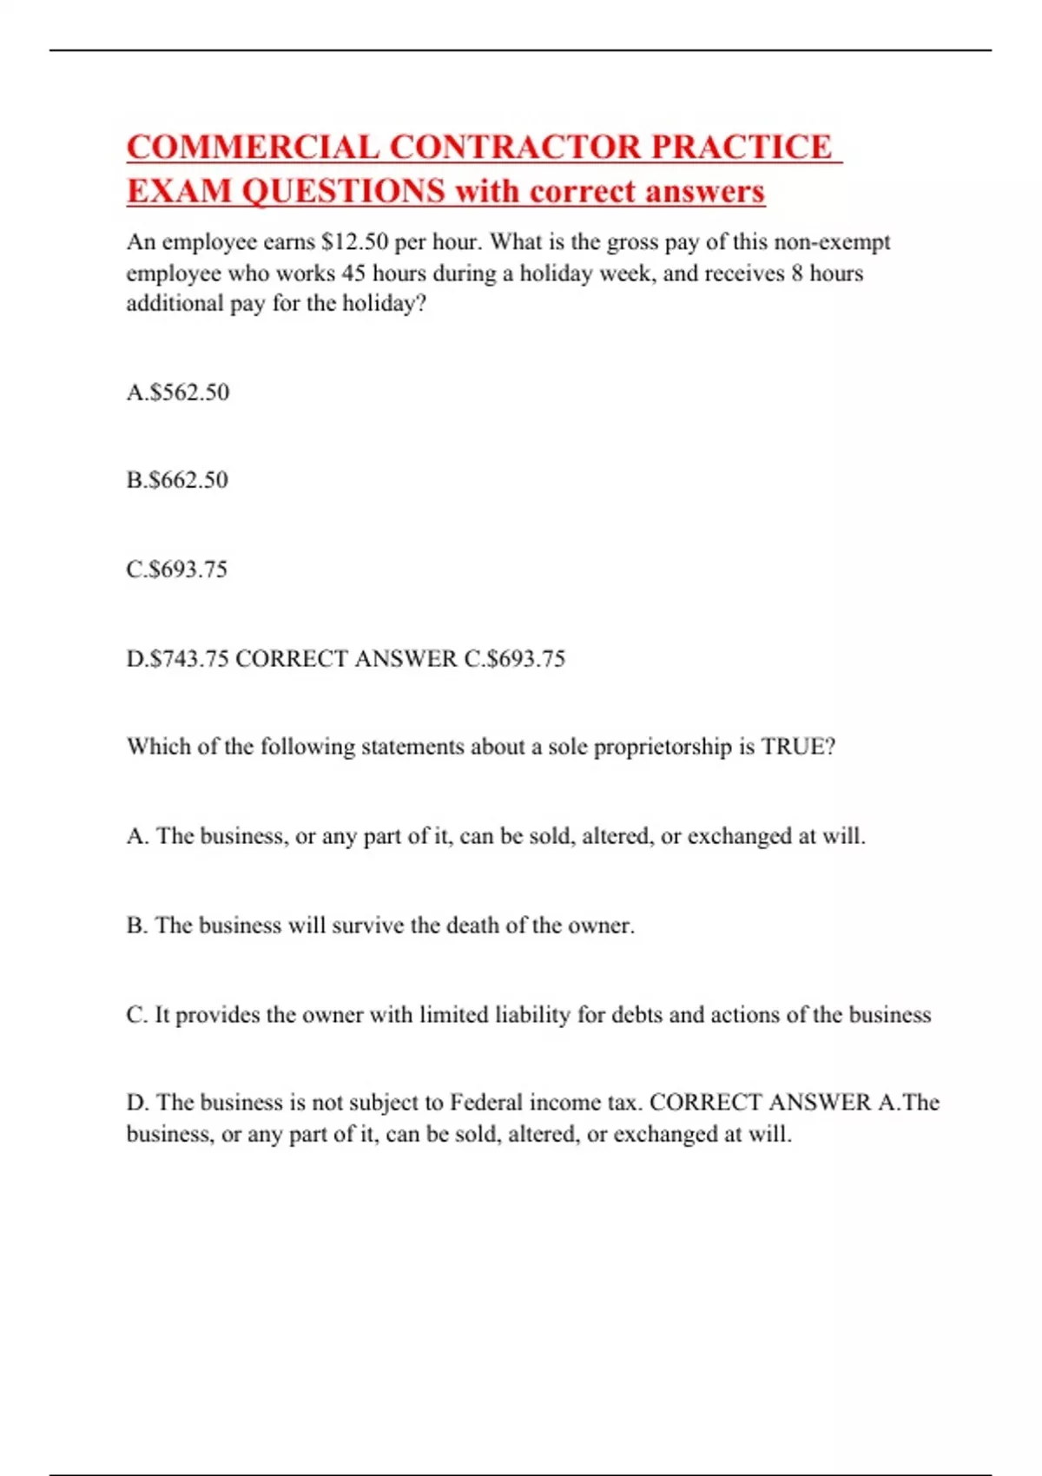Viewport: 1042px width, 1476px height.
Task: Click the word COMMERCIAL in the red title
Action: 253,147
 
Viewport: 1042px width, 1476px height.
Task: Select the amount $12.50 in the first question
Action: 354,241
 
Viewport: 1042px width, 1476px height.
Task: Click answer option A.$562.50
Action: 178,392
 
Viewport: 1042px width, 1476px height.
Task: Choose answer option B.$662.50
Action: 177,480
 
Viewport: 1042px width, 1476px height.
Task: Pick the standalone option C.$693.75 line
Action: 177,570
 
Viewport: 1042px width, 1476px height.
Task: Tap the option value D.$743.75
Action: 178,659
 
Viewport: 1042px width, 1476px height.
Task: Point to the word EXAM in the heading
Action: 178,191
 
